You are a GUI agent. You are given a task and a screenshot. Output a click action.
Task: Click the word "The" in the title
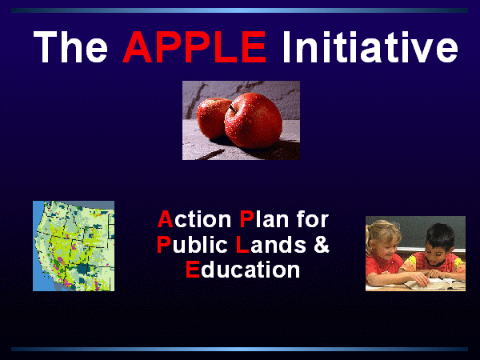point(70,47)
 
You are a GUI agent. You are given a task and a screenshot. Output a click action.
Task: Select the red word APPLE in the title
point(194,47)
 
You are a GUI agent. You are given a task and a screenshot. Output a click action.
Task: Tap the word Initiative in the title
point(370,47)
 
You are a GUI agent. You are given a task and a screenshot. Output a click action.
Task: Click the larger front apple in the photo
point(253,121)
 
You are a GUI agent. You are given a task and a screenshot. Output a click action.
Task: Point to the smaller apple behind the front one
point(211,118)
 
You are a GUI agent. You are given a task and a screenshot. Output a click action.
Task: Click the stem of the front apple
point(232,109)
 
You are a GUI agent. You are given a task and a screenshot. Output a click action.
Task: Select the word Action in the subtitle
point(194,219)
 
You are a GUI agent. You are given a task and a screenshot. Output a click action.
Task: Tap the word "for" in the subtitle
point(312,219)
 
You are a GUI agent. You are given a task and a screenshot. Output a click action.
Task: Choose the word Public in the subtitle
point(192,245)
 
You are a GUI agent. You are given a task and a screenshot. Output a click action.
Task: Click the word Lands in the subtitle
point(271,245)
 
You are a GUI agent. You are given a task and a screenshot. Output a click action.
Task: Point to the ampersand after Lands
point(322,245)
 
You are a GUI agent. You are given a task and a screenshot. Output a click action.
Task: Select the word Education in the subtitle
point(243,270)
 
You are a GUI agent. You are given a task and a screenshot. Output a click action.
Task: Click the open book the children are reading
point(434,284)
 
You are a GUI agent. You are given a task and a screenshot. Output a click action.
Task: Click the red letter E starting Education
point(193,270)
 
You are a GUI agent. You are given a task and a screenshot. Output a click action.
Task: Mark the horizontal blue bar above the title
point(240,10)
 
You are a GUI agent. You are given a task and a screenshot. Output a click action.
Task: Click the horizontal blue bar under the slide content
point(240,349)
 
